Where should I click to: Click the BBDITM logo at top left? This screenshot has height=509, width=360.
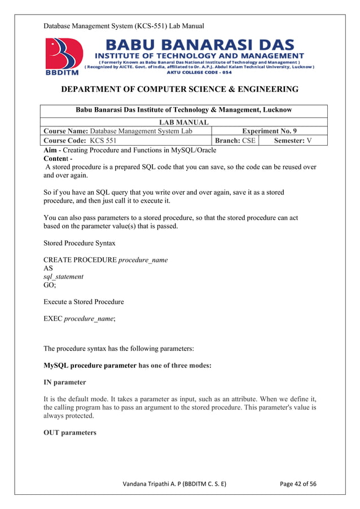point(63,57)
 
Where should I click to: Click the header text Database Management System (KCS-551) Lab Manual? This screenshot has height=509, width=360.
point(124,26)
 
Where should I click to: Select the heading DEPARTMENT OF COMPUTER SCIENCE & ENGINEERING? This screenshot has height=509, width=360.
point(179,90)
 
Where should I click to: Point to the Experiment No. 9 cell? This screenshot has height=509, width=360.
point(269,131)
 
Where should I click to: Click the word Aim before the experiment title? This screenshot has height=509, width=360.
point(51,150)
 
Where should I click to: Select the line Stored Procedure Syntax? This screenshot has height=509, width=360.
point(80,244)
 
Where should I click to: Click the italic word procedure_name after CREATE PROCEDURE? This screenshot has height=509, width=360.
point(143,260)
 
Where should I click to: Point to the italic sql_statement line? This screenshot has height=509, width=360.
point(63,277)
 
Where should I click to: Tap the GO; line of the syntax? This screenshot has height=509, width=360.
point(50,286)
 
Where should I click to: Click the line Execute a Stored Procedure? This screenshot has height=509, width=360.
point(84,302)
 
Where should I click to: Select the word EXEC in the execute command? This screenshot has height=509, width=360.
point(52,319)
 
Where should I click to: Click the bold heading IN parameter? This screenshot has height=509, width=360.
point(65,383)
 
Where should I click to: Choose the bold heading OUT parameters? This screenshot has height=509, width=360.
point(70,433)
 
